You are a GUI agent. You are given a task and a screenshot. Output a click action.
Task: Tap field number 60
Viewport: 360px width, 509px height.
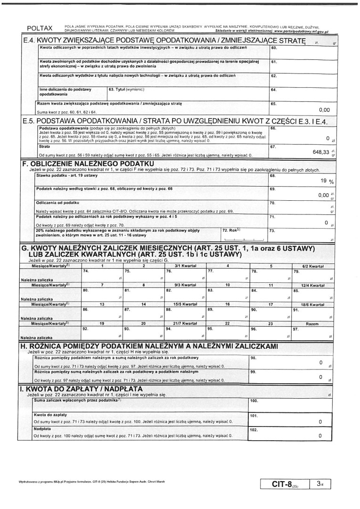(x=274, y=48)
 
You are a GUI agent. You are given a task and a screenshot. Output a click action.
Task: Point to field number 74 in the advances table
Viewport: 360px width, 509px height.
(x=85, y=271)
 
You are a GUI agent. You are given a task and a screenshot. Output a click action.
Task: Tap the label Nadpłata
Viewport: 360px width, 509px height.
(x=43, y=429)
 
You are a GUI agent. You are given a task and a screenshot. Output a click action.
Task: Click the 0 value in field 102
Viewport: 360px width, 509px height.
(x=320, y=436)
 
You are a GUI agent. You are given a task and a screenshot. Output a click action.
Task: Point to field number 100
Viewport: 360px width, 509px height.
(x=254, y=401)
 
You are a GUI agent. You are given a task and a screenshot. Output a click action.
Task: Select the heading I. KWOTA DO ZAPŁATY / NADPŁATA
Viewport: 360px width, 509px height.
(x=81, y=388)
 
